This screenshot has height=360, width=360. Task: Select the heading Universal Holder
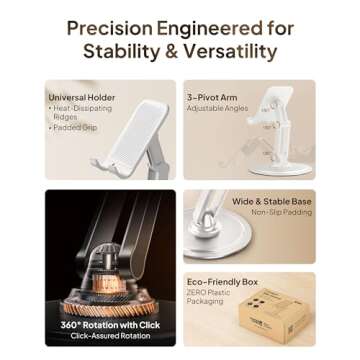click(x=74, y=97)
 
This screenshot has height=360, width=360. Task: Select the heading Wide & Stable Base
click(x=271, y=201)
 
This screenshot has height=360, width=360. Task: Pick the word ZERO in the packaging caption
click(x=197, y=292)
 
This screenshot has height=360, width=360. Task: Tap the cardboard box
click(x=274, y=313)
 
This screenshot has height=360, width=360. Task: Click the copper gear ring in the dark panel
click(x=109, y=291)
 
